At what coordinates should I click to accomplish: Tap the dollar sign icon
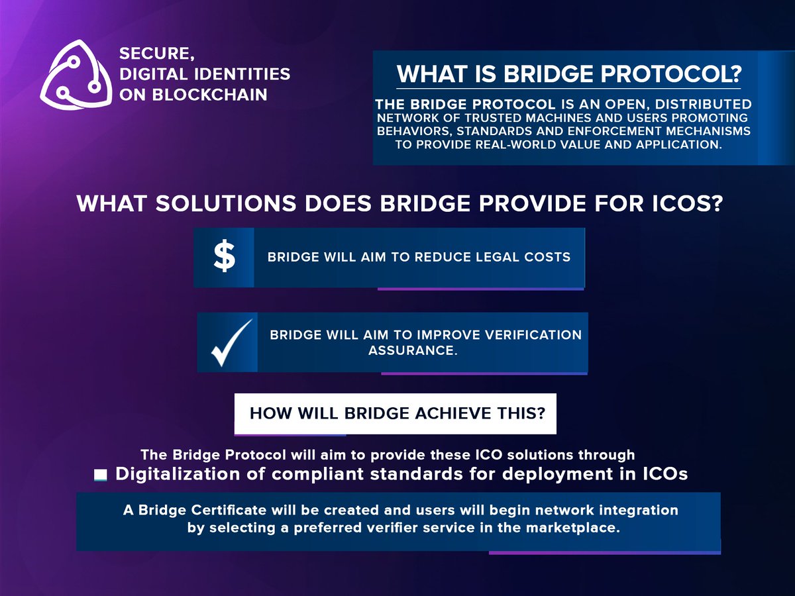click(224, 257)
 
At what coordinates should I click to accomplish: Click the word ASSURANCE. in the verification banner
click(413, 350)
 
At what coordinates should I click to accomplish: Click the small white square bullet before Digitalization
click(100, 475)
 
